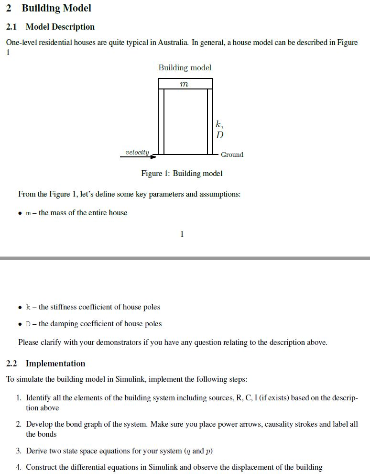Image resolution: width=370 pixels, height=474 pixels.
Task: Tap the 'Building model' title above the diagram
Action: pos(185,67)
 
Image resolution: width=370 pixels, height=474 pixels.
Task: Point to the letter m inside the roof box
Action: pos(185,84)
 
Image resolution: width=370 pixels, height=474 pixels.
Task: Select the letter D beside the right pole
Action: pos(219,135)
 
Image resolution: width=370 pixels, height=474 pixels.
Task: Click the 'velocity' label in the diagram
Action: pos(137,152)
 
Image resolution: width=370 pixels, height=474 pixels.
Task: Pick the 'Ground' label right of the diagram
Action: pos(232,154)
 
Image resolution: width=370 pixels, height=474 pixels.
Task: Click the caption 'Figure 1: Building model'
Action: pos(182,173)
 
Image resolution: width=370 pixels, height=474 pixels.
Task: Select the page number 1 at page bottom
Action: pos(182,234)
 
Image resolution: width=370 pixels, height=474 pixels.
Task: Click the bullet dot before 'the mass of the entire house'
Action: pos(21,213)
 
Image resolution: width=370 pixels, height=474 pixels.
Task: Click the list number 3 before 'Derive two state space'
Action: pos(19,451)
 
